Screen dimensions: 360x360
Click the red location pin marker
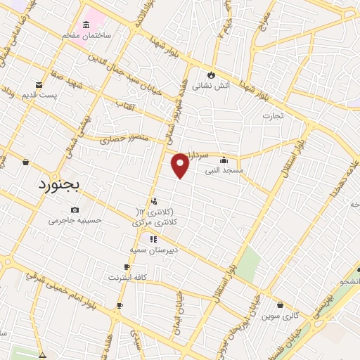tap(181, 165)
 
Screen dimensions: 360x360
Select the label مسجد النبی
tap(224, 170)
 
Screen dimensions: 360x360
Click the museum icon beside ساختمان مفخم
tap(86, 25)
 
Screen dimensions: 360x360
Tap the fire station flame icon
tap(210, 74)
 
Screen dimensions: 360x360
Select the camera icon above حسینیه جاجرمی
tap(75, 210)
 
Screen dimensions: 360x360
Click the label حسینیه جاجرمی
tap(75, 220)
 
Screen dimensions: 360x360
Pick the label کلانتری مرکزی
tap(155, 222)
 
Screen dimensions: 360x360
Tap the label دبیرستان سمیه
tap(153, 250)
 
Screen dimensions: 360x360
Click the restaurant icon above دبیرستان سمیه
tap(153, 239)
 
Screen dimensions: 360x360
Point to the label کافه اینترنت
tap(127, 278)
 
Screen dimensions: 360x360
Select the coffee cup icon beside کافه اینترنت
tap(127, 267)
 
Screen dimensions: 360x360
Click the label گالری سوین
tap(283, 316)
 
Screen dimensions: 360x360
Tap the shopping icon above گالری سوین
tap(281, 305)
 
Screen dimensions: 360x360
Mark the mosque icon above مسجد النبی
tap(224, 160)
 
